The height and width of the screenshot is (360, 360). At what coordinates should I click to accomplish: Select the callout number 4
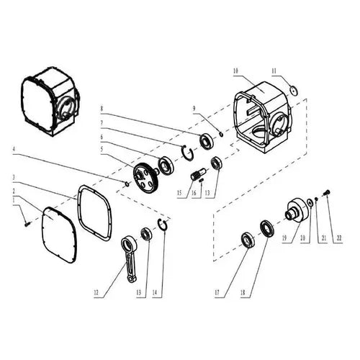[12, 150]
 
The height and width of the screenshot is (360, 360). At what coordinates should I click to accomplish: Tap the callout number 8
[103, 109]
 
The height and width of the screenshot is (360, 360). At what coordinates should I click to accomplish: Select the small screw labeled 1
[26, 223]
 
